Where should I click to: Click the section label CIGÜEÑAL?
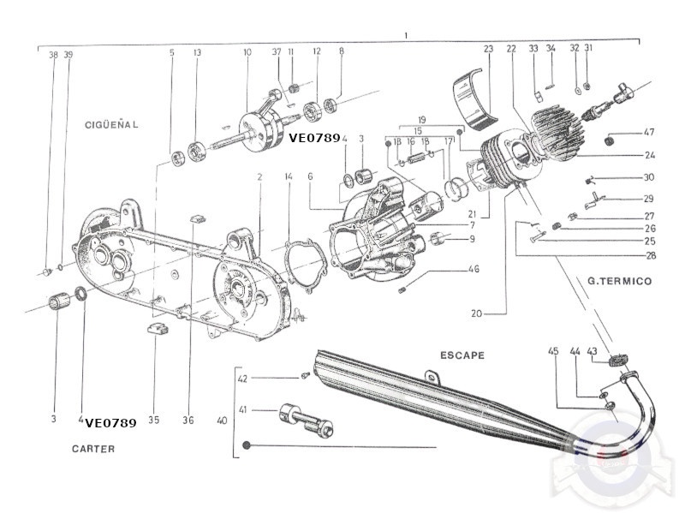pos(111,124)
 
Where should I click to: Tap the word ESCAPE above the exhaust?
pos(462,355)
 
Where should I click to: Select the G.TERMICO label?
pos(619,281)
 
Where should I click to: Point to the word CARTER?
pos(93,449)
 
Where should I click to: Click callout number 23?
pos(488,49)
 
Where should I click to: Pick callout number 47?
pos(649,132)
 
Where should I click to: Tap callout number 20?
pos(477,313)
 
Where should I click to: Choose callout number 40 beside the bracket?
pos(222,421)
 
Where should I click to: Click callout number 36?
pos(188,420)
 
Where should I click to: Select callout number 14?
pos(289,176)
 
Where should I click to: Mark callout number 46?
pos(474,269)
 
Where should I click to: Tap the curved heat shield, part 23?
pos(476,98)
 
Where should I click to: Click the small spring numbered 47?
pos(609,140)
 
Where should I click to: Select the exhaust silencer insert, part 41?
pos(306,420)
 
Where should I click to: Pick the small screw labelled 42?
pos(306,375)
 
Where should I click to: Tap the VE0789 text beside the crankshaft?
pos(314,138)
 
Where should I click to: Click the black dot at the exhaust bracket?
pos(246,445)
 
